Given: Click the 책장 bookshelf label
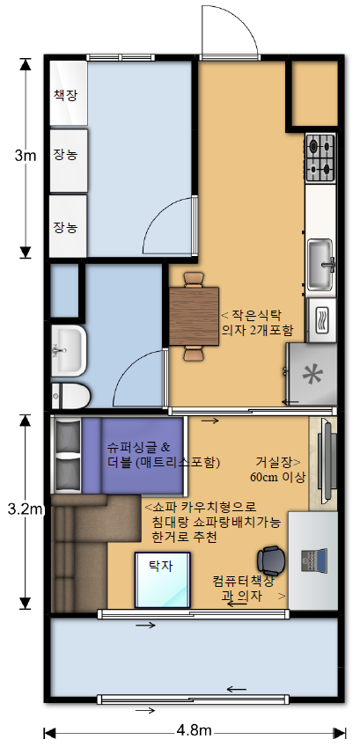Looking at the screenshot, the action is tap(65, 96).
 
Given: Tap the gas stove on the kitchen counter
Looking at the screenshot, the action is tap(320, 157).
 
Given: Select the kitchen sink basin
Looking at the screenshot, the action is tap(320, 265).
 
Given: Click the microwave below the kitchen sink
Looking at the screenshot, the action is tap(321, 319).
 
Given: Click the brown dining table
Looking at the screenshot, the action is tap(194, 316).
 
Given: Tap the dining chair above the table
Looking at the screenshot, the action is tap(194, 279).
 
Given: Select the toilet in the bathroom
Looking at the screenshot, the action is tap(70, 396).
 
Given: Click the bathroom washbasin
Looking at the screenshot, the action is tap(69, 351).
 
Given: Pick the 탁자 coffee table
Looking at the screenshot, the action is tap(162, 580).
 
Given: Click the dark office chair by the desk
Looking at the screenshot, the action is tap(271, 560).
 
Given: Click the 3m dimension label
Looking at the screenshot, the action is tap(26, 156).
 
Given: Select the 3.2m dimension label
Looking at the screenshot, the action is tap(26, 509).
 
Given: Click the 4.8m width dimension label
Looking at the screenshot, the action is tap(194, 730).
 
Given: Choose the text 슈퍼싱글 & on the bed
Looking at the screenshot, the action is tap(139, 447).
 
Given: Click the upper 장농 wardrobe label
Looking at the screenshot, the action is tap(65, 155).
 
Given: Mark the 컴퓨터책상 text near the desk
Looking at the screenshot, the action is tap(243, 581).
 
